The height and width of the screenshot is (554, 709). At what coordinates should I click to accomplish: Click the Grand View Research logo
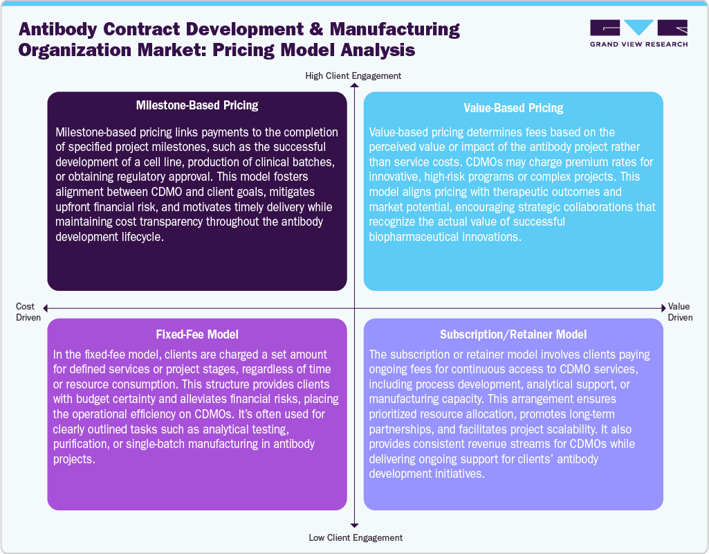tap(638, 33)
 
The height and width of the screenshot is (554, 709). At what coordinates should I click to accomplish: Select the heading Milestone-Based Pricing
tap(197, 105)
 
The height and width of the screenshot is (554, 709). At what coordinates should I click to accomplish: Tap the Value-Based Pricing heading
tap(513, 108)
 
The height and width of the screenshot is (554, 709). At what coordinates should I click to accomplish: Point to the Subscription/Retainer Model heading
tap(513, 334)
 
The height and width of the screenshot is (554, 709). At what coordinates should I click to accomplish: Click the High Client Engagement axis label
tap(353, 75)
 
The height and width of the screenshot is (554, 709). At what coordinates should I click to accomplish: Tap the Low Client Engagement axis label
tap(353, 537)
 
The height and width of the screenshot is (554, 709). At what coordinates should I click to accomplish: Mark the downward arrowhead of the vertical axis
tap(354, 525)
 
